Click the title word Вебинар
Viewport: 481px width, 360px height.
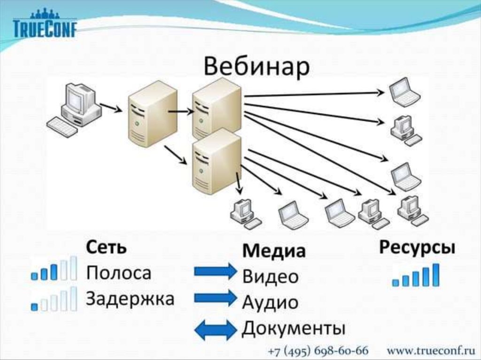pyautogui.click(x=256, y=67)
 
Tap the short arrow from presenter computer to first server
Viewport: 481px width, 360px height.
pyautogui.click(x=111, y=108)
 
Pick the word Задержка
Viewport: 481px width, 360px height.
pyautogui.click(x=130, y=298)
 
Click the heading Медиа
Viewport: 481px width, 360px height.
pyautogui.click(x=273, y=251)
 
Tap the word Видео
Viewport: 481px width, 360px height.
pyautogui.click(x=270, y=276)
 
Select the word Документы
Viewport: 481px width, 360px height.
pyautogui.click(x=293, y=328)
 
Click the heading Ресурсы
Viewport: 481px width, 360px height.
pyautogui.click(x=417, y=248)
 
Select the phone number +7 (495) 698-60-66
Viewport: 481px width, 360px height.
pyautogui.click(x=318, y=351)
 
